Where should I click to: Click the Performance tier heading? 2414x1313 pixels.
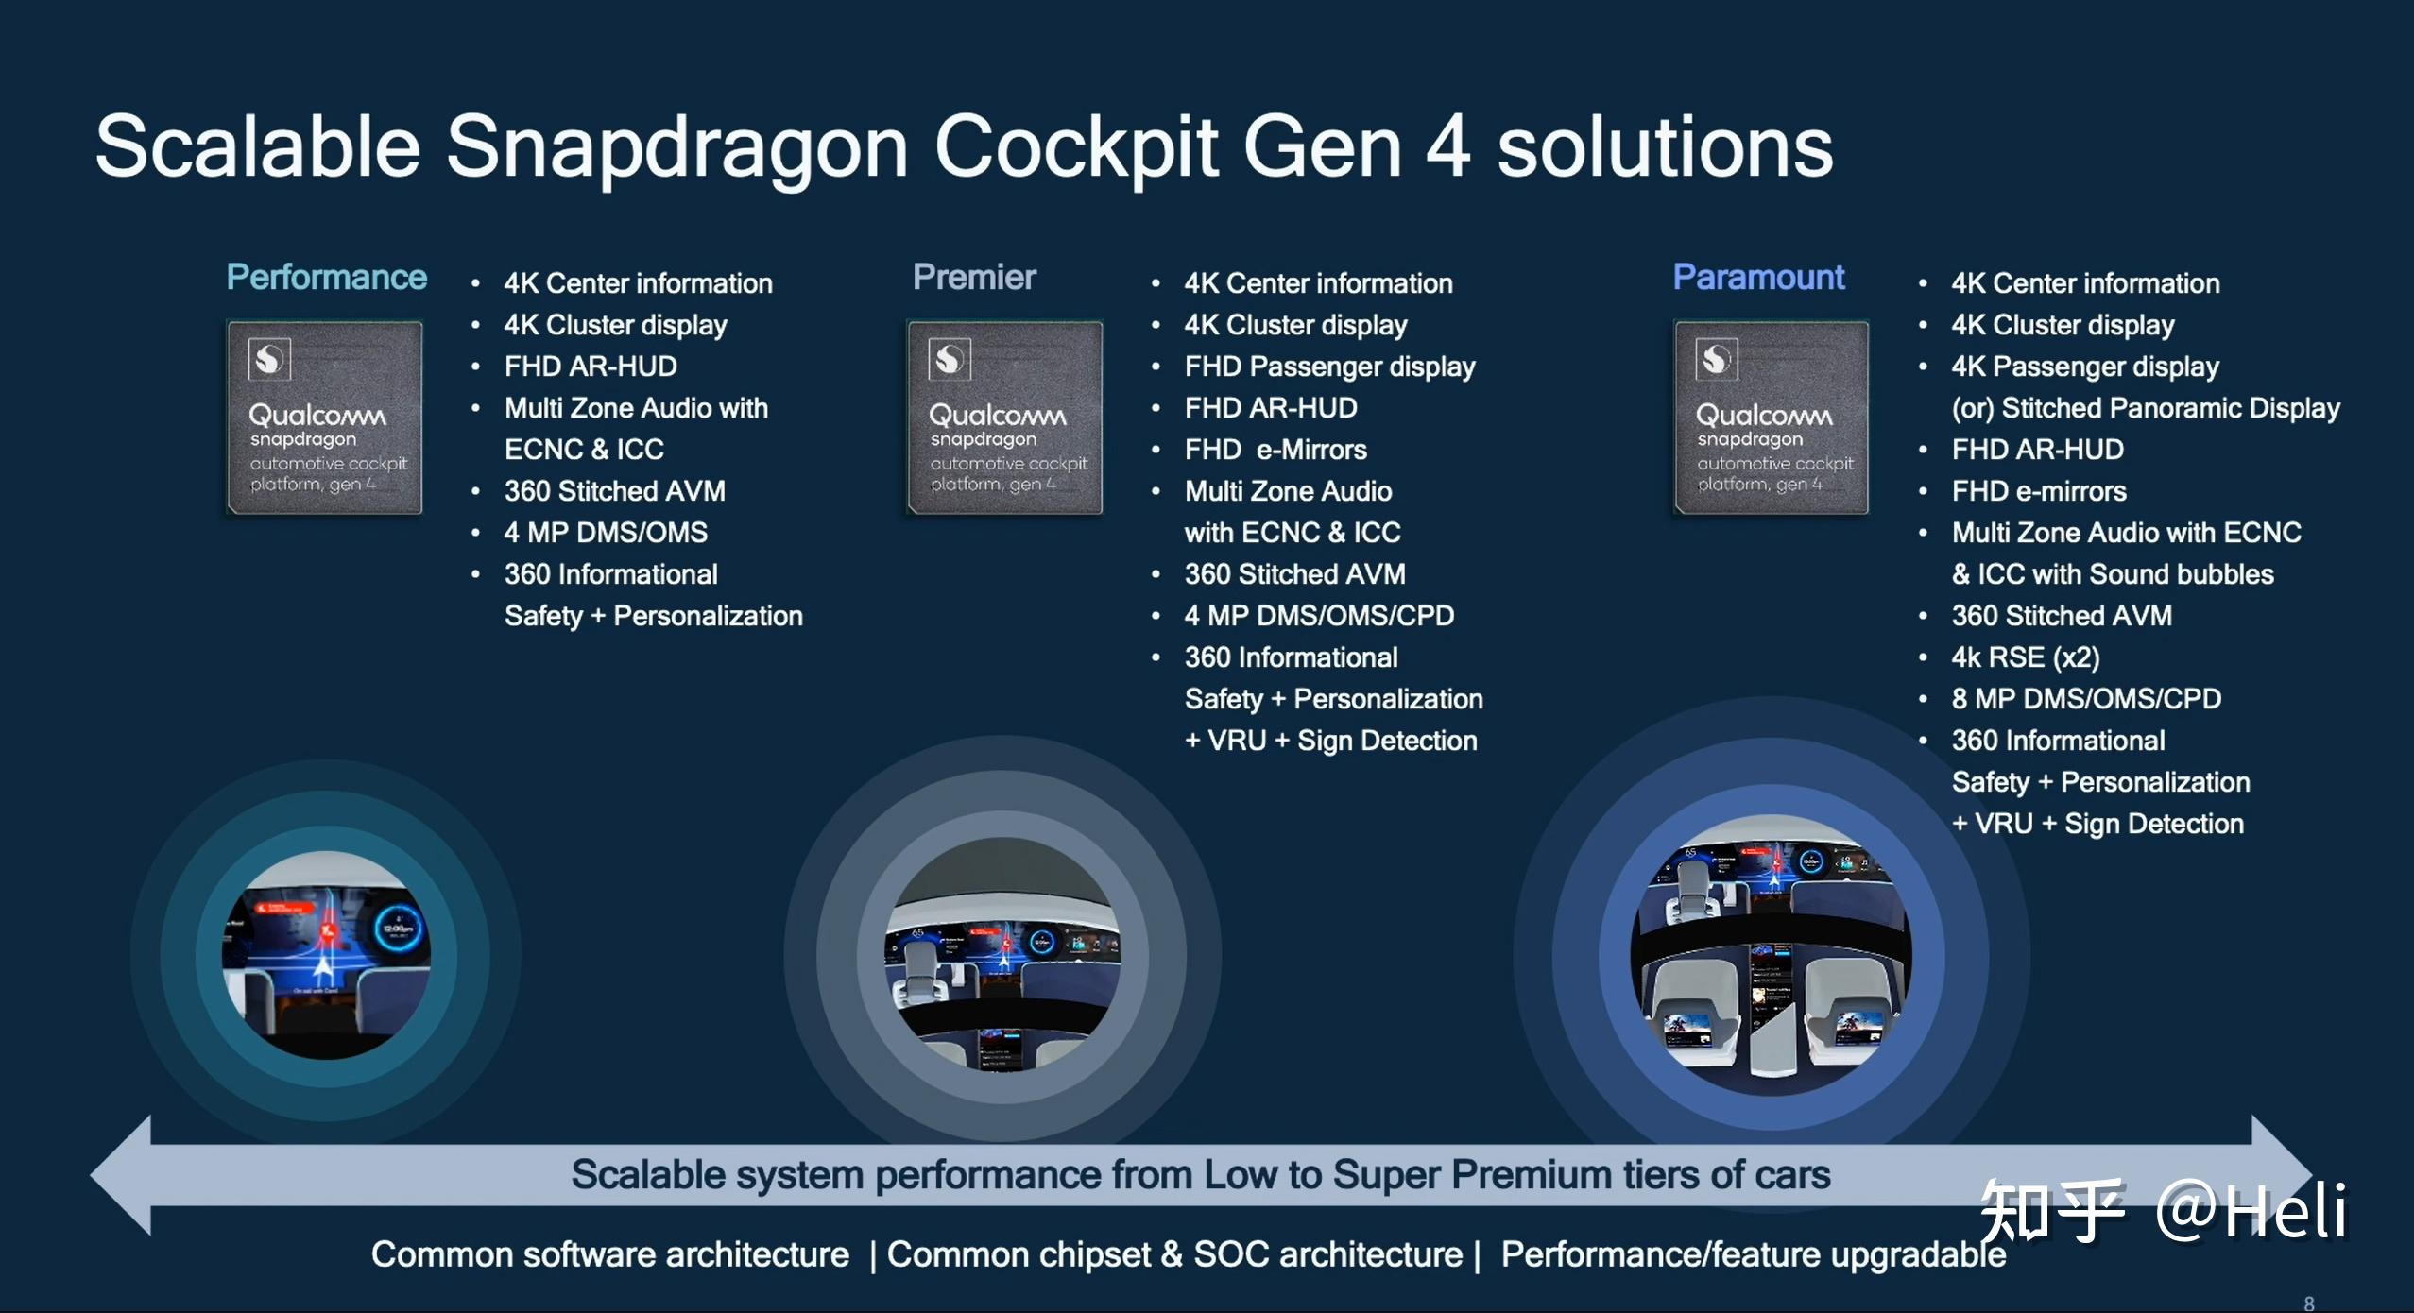[326, 277]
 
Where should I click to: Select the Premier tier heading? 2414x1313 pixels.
[974, 277]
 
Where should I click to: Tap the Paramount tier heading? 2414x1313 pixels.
[1758, 277]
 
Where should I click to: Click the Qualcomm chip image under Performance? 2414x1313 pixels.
[324, 417]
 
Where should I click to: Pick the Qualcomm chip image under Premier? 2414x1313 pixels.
[1004, 417]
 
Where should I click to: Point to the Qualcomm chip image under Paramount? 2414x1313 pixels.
[1772, 417]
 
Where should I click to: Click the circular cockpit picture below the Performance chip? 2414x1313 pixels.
[326, 954]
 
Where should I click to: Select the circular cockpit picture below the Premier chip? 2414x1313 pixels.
[1002, 954]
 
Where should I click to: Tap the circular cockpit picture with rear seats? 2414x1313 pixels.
[1771, 955]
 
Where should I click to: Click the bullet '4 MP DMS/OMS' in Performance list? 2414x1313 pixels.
[606, 533]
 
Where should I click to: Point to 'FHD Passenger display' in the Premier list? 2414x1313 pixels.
[1329, 367]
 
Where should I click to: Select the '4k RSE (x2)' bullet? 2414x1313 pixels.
[2026, 657]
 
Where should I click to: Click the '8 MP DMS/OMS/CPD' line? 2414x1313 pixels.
[2086, 699]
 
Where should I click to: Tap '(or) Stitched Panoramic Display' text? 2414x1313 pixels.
[2146, 408]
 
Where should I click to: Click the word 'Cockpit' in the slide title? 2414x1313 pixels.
[1076, 147]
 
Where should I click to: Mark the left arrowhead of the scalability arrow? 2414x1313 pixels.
[120, 1175]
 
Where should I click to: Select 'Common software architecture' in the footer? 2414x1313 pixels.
[610, 1254]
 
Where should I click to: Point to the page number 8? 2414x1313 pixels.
[2308, 1304]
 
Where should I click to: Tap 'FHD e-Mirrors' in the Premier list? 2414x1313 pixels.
[1275, 450]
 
